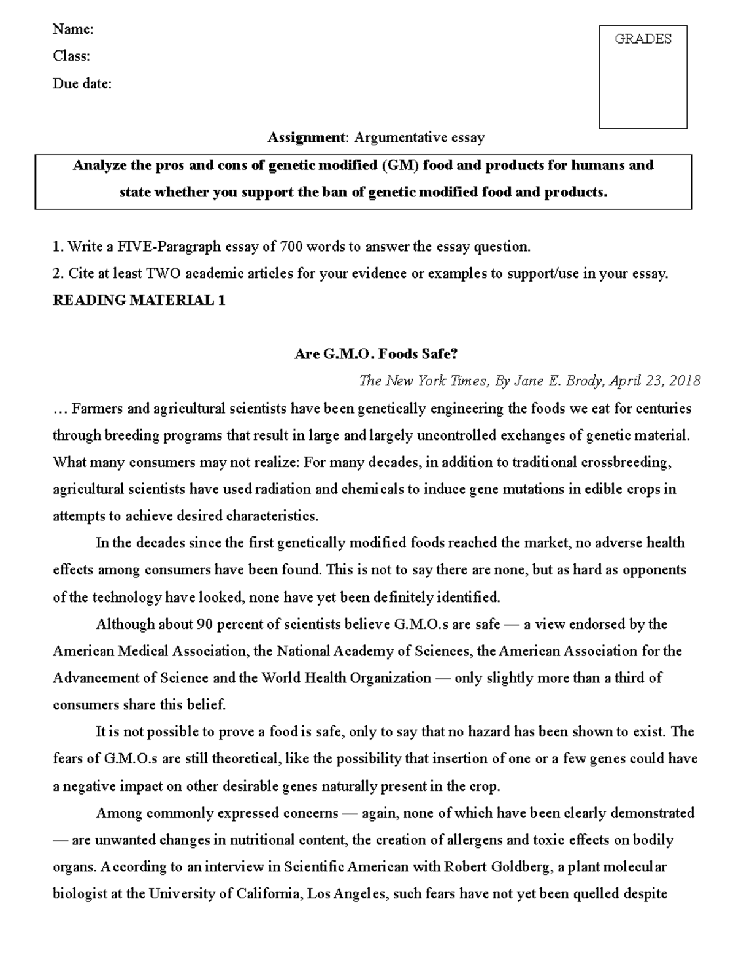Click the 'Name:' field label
click(x=73, y=29)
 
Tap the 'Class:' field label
click(x=71, y=56)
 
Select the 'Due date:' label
click(x=82, y=83)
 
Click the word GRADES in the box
click(x=643, y=39)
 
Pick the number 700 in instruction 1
click(x=291, y=247)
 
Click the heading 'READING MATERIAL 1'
click(x=139, y=300)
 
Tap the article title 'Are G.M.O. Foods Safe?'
click(x=376, y=354)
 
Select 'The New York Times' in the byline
click(x=424, y=381)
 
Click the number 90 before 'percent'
click(x=204, y=624)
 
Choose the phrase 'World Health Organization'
click(x=347, y=678)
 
